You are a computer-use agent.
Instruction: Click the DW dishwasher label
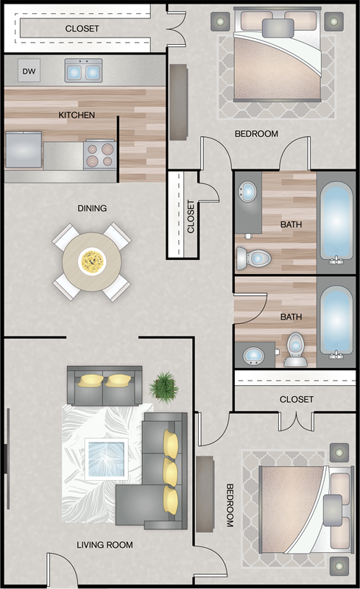pos(29,71)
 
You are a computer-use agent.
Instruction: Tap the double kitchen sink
pos(83,70)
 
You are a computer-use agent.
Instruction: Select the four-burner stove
pos(99,155)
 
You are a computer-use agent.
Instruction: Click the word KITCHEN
pos(77,115)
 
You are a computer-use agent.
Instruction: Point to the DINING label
pos(92,208)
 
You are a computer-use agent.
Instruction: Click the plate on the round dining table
pos(92,261)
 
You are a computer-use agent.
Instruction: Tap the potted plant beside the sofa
pos(164,387)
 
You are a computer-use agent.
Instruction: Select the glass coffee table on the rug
pos(106,459)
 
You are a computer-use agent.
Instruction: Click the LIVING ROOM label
pos(105,545)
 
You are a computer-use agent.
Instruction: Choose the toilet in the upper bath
pos(254,258)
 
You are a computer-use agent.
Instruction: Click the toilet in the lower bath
pos(295,349)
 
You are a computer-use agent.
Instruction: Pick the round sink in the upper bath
pos(247,191)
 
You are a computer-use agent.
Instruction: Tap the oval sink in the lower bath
pos(254,356)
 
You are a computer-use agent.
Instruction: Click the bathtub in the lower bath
pos(336,322)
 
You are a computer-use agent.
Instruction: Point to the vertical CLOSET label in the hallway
pos(191,216)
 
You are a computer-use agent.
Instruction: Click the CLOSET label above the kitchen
pos(82,29)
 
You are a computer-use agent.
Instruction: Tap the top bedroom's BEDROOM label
pos(256,134)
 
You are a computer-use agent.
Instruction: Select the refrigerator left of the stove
pos(24,149)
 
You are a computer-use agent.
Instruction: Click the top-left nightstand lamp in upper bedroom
pos(220,21)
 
